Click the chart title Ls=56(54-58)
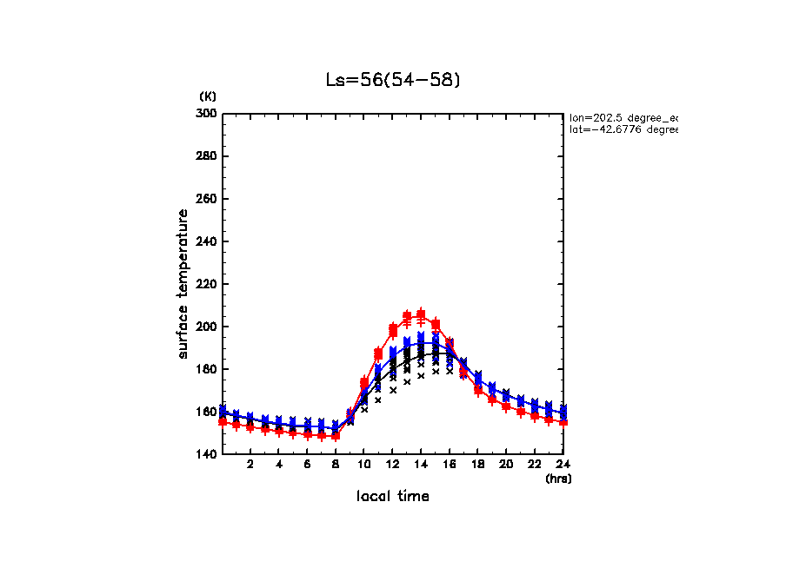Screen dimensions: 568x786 392,79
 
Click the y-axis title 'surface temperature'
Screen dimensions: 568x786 183,284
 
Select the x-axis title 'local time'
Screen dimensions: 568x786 392,496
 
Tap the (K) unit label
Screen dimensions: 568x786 208,96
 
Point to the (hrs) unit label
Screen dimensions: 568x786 558,478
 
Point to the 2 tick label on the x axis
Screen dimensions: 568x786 250,465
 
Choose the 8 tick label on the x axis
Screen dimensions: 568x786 336,465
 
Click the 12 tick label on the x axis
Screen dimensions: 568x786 392,465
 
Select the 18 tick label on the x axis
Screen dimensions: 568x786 477,465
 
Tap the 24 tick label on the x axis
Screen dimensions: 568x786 563,465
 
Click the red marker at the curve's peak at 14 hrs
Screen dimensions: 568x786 421,314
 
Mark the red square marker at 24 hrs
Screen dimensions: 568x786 563,421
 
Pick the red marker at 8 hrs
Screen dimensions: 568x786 336,435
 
